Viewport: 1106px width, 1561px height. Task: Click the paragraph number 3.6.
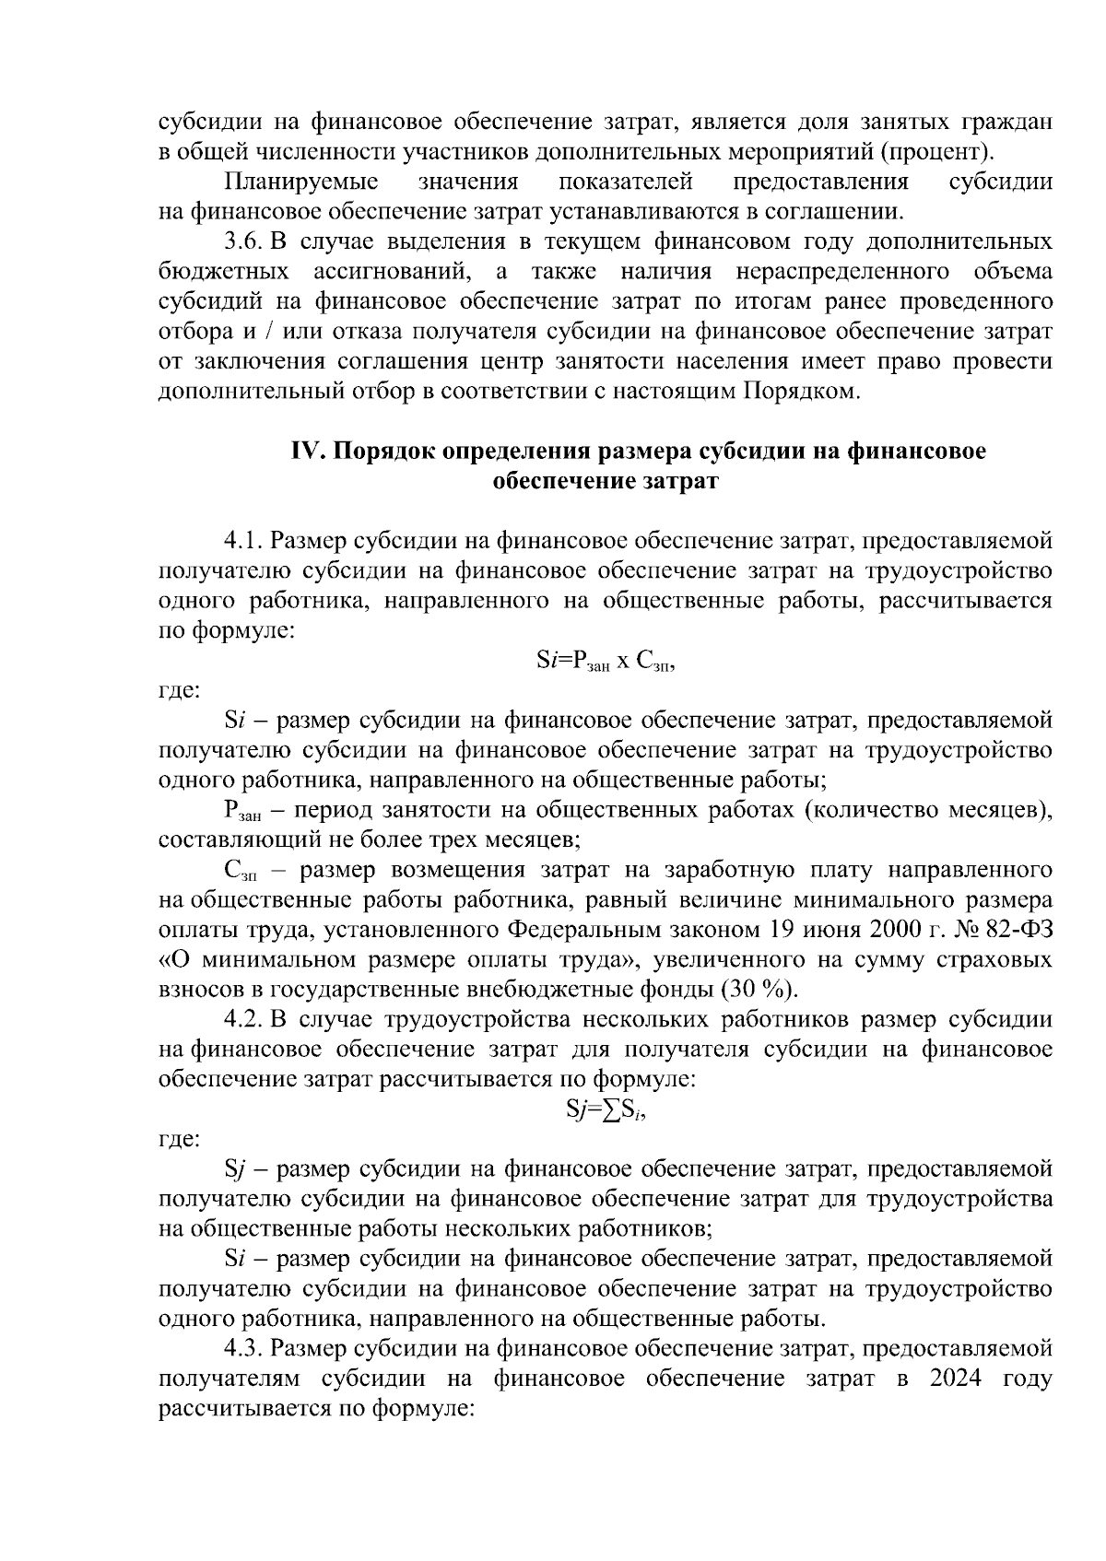pos(245,242)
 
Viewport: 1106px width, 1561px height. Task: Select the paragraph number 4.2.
pos(245,1020)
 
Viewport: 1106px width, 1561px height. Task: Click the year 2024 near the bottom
pos(960,1379)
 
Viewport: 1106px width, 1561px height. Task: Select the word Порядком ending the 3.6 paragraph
pos(799,392)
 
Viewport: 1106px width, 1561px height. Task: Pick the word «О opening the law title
pos(175,960)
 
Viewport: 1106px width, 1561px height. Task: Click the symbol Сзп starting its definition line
pos(241,872)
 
